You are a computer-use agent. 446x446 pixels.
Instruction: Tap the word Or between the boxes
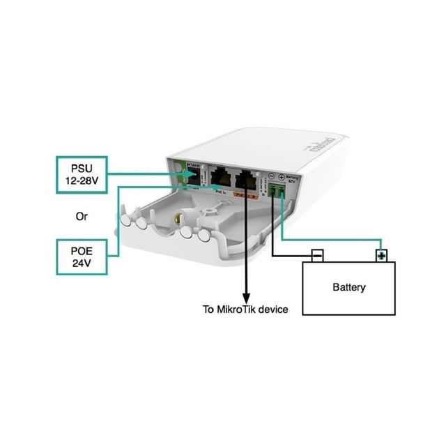pyautogui.click(x=82, y=217)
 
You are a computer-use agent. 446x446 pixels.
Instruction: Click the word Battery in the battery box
pyautogui.click(x=348, y=287)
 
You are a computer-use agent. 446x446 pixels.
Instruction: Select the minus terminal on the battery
pyautogui.click(x=317, y=255)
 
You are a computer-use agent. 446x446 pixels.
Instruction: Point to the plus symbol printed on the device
pyautogui.click(x=281, y=177)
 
